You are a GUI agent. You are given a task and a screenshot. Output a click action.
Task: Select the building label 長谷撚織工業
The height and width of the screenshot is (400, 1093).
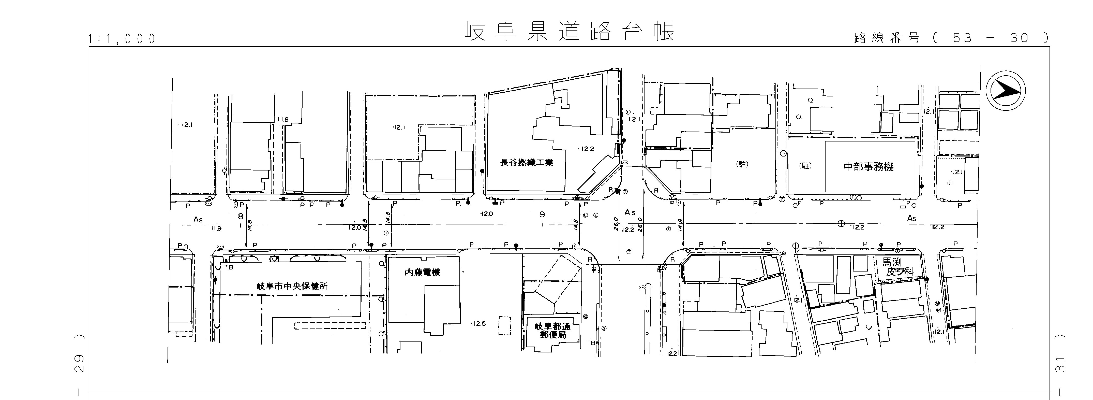click(x=527, y=162)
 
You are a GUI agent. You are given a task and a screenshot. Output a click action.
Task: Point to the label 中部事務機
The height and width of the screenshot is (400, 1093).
click(x=868, y=166)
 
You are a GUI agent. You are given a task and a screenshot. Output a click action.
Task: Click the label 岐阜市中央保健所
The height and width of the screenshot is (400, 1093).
click(x=292, y=286)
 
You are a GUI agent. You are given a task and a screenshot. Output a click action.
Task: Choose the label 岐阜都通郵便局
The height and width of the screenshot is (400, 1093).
click(x=552, y=331)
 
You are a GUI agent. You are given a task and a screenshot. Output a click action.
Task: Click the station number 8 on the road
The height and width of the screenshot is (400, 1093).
click(x=241, y=216)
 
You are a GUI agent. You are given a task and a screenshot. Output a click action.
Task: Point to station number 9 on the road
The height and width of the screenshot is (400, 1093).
click(x=542, y=215)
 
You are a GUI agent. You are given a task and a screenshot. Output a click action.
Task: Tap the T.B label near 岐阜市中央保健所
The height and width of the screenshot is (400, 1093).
click(x=229, y=267)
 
